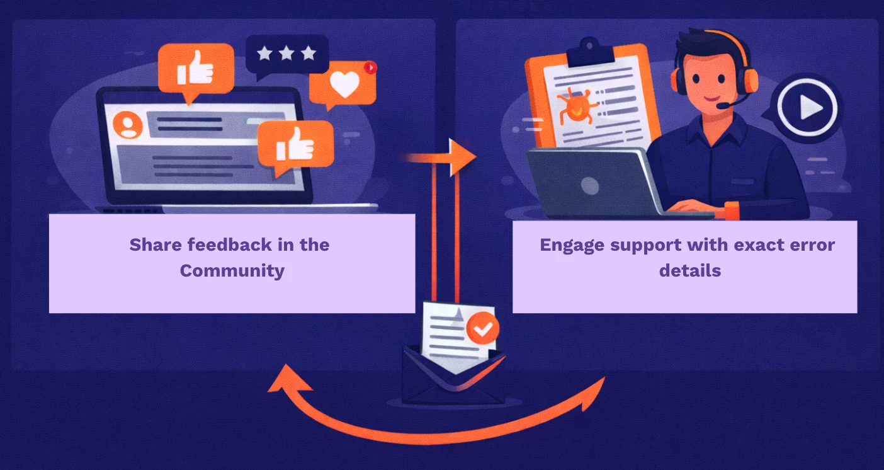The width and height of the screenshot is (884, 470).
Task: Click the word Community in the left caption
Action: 232,271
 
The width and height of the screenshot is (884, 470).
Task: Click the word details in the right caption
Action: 690,271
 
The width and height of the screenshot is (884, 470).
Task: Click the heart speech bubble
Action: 343,86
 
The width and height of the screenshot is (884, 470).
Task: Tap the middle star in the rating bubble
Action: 286,54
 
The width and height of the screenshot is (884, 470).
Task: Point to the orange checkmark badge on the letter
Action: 483,328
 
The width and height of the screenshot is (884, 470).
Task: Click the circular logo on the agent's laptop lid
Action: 589,185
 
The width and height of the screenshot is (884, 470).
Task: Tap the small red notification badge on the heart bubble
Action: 370,67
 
